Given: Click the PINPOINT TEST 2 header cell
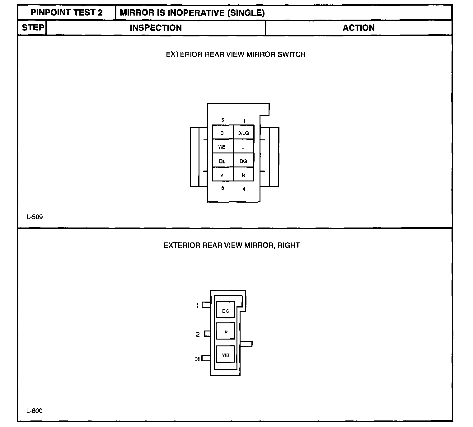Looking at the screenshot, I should pyautogui.click(x=67, y=13).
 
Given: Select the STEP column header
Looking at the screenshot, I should pyautogui.click(x=33, y=28).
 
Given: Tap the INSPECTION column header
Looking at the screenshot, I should pyautogui.click(x=156, y=28).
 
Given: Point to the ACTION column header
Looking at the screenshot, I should pyautogui.click(x=358, y=28).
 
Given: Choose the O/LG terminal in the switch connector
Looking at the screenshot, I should pyautogui.click(x=243, y=133).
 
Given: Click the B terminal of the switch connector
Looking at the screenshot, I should pyautogui.click(x=222, y=133).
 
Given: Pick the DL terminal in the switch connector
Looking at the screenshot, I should pyautogui.click(x=222, y=161).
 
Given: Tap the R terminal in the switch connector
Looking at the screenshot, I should pyautogui.click(x=243, y=175).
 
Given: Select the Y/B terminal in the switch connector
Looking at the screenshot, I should pyautogui.click(x=222, y=147).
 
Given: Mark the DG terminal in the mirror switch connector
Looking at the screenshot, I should pyautogui.click(x=243, y=161).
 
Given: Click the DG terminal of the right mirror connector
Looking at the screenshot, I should pyautogui.click(x=226, y=311).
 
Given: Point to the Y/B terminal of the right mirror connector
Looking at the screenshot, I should pyautogui.click(x=226, y=355).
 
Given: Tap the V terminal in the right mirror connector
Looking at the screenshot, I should pyautogui.click(x=226, y=332).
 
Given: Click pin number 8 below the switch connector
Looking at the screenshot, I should pyautogui.click(x=222, y=188).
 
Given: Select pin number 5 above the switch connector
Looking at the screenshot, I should pyautogui.click(x=222, y=120).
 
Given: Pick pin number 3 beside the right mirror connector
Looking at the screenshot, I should pyautogui.click(x=197, y=359).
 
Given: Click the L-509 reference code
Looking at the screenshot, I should pyautogui.click(x=35, y=217).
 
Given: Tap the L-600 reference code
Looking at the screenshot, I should pyautogui.click(x=35, y=411).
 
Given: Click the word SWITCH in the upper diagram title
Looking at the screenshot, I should pyautogui.click(x=292, y=54).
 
